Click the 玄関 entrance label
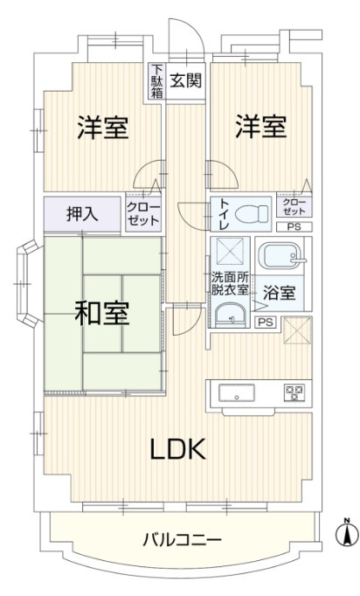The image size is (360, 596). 186,80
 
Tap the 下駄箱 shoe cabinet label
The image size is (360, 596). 156,81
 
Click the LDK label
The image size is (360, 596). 177,450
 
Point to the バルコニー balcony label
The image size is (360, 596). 183,539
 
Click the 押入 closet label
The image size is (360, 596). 84,213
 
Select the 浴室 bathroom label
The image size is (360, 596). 279,295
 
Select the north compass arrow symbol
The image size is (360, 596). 346,531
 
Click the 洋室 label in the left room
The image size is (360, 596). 103,128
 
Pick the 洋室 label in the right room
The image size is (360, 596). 260,128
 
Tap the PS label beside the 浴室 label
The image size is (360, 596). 263,322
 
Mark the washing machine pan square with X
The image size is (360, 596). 231,253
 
